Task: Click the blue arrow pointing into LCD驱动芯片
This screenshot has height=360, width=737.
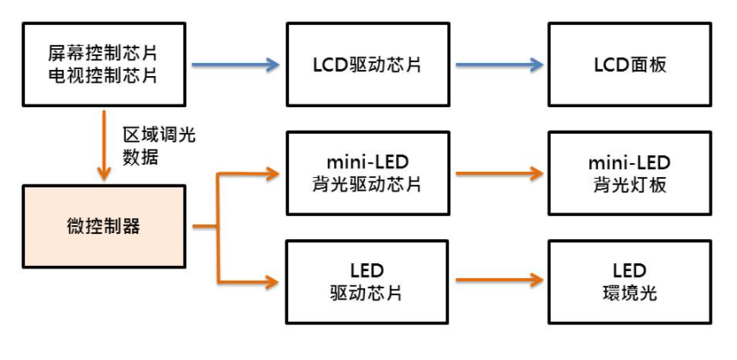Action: (x=235, y=65)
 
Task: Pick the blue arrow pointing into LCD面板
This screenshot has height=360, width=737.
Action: (x=499, y=65)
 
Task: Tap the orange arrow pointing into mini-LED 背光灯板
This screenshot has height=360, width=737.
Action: (x=499, y=174)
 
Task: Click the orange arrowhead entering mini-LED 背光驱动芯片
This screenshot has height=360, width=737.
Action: (x=273, y=174)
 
